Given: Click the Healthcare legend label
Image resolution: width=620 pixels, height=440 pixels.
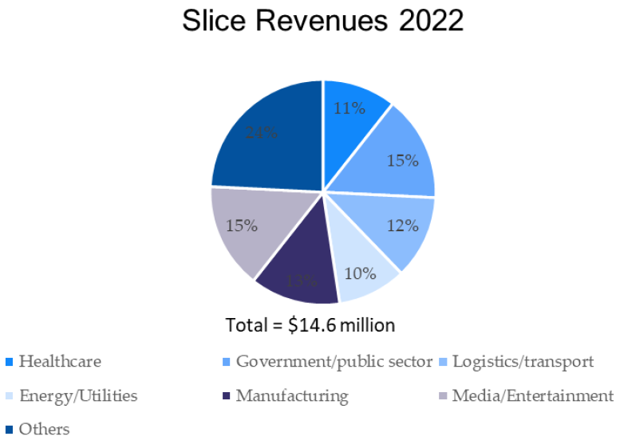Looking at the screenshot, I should (x=60, y=362).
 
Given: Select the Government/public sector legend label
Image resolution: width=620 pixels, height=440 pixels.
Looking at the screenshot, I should (x=334, y=362).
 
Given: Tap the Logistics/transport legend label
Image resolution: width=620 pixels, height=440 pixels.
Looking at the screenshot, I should (x=523, y=362).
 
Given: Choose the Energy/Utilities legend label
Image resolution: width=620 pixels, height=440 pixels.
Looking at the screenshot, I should (x=78, y=396).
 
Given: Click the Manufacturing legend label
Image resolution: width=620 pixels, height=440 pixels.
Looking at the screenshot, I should (x=291, y=396).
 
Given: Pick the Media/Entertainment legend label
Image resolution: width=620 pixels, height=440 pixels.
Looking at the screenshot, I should (x=532, y=396).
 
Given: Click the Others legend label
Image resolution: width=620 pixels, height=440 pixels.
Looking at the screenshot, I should (x=44, y=430).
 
